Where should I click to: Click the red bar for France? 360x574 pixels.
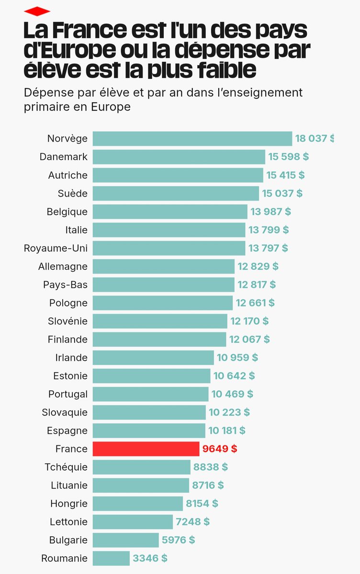[146, 449]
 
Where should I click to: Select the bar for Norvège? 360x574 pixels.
[192, 139]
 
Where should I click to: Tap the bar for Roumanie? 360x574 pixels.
[111, 558]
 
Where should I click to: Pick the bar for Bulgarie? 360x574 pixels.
[125, 540]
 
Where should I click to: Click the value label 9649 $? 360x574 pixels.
[220, 449]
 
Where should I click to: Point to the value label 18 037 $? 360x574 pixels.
[314, 139]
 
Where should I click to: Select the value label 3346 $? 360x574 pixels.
[150, 558]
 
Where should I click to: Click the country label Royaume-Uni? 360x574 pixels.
[56, 248]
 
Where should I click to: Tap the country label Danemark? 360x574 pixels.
[64, 157]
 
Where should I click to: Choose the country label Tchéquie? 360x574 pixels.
[66, 467]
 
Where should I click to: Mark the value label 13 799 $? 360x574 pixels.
[269, 230]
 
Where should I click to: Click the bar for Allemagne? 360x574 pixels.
[163, 266]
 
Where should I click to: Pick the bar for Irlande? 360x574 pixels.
[153, 357]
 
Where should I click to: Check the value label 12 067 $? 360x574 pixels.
[249, 339]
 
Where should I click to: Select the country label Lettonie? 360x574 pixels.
[68, 522]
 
